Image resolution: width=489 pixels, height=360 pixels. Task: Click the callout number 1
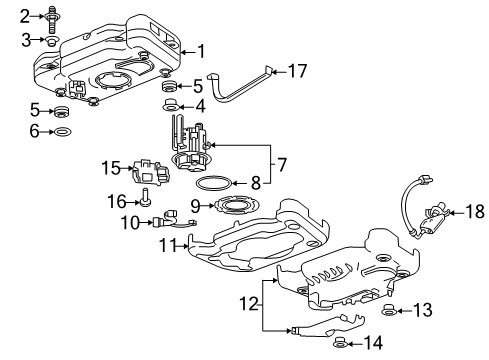coord(203,50)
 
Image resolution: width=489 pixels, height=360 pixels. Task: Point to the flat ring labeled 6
coord(60,132)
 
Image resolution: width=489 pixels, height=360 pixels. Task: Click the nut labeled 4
coord(170,104)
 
